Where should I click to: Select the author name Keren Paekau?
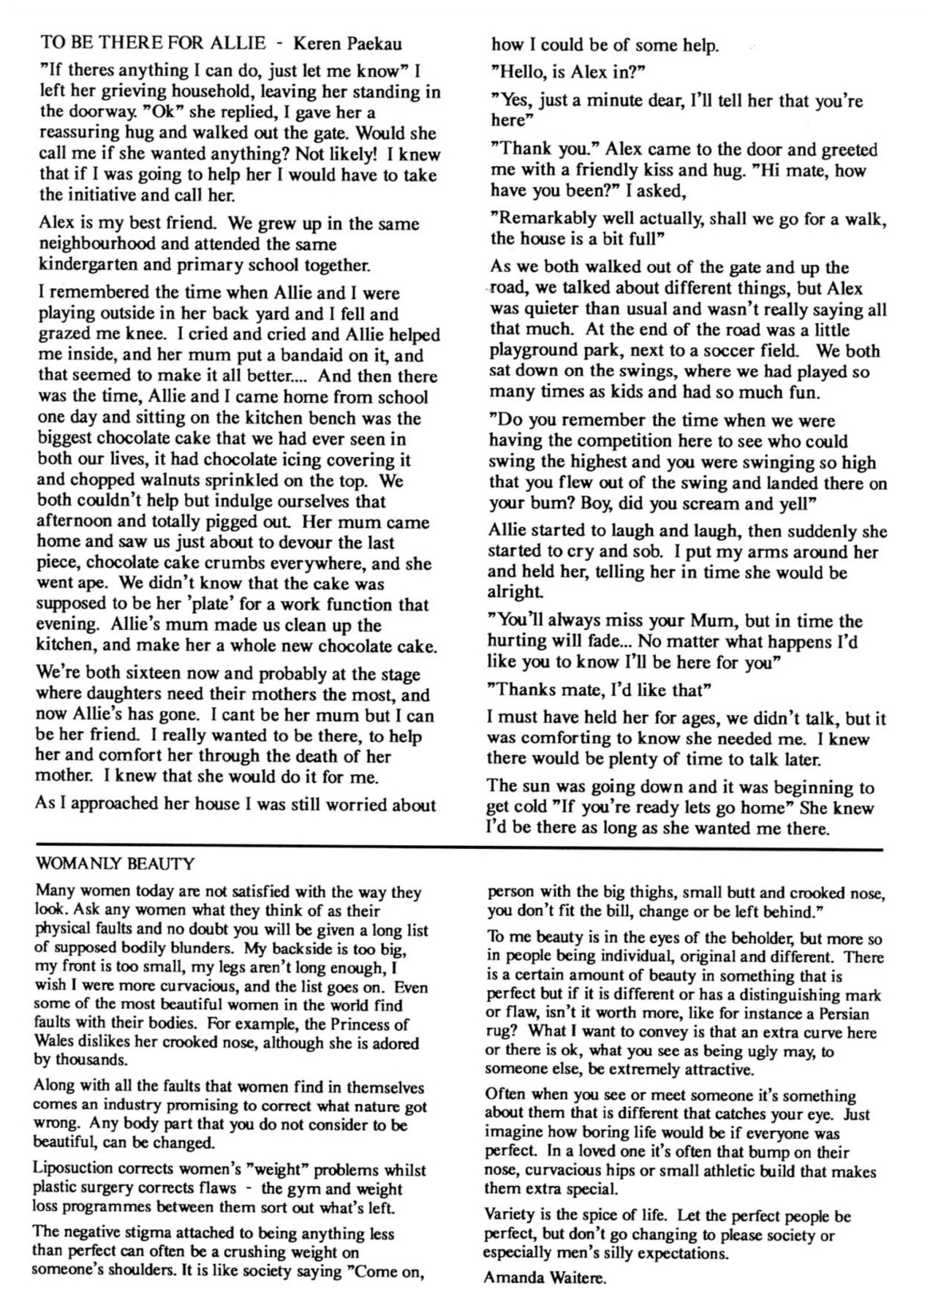347,45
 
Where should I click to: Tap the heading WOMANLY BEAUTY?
115,864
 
